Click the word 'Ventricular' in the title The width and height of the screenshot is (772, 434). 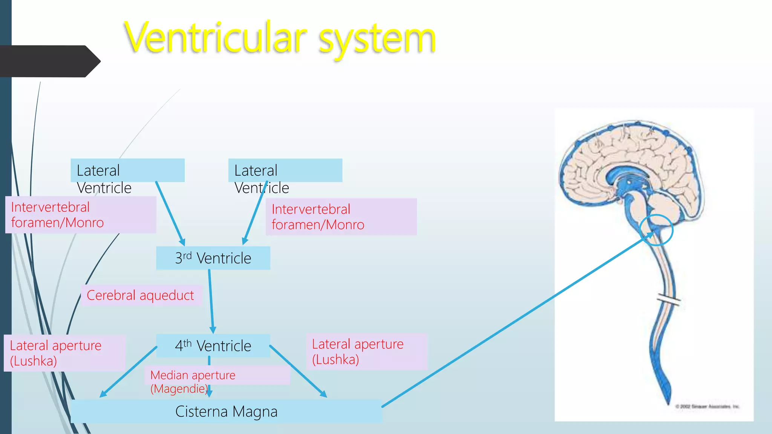(x=215, y=38)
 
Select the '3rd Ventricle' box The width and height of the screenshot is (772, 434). (x=213, y=258)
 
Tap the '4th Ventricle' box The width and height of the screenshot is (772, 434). (x=213, y=345)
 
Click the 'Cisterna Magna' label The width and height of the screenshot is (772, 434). (x=226, y=411)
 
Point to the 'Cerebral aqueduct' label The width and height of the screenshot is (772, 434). (x=140, y=295)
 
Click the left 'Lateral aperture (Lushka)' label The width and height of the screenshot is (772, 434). (x=56, y=353)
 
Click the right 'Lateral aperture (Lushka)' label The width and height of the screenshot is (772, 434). (x=358, y=351)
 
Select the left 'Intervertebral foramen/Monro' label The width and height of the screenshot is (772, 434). (x=57, y=215)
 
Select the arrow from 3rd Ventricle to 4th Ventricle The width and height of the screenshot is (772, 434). (x=211, y=301)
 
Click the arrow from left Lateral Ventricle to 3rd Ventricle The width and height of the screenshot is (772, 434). (x=170, y=213)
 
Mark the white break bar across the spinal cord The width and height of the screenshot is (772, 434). (x=668, y=300)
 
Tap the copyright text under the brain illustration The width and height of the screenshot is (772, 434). (x=707, y=406)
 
